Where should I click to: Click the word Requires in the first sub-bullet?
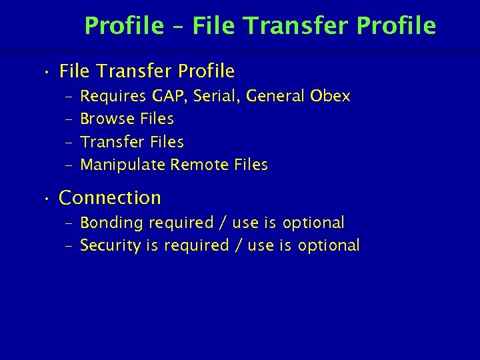coord(113,97)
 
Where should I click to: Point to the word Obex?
coord(330,97)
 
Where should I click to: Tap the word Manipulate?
coord(123,165)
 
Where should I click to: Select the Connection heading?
coord(110,198)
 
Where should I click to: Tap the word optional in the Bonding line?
coord(313,223)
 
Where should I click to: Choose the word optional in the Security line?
coord(329,245)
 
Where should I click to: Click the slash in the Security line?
coord(238,245)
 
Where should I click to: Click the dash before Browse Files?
coord(68,119)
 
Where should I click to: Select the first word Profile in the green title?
coord(124,26)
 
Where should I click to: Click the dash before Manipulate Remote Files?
coord(68,165)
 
